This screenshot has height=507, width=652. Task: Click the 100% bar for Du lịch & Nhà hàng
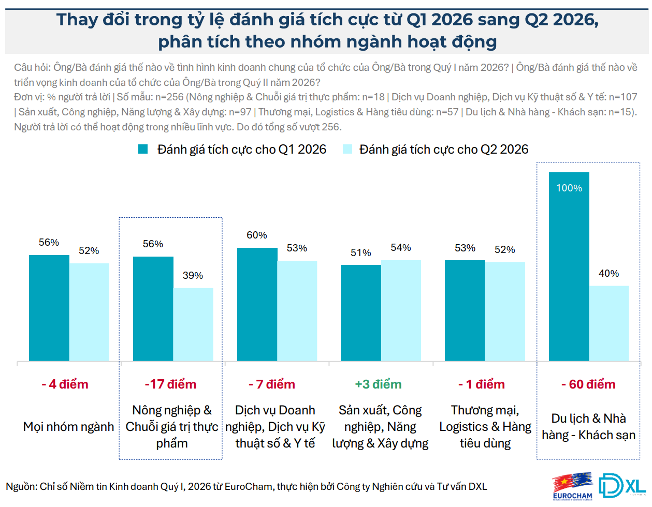[x=569, y=266]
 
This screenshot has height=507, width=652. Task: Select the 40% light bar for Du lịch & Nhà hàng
[x=608, y=323]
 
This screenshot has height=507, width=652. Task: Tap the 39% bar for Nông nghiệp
[x=193, y=324]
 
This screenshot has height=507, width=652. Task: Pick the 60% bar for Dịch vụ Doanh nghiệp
[x=257, y=304]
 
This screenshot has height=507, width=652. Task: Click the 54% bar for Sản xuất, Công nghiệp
[x=401, y=310]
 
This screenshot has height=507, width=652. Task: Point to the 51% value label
[x=360, y=253]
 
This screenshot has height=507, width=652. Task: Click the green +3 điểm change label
[x=378, y=384]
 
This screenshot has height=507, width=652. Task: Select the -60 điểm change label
[x=588, y=384]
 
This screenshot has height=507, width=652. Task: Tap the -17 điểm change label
[x=170, y=384]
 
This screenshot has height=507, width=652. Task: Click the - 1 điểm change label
[x=481, y=384]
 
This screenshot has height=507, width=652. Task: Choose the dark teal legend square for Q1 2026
[x=143, y=150]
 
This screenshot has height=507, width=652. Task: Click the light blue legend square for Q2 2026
[x=347, y=150]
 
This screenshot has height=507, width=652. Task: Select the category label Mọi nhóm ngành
[x=68, y=427]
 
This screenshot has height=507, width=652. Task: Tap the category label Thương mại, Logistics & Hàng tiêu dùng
[x=485, y=427]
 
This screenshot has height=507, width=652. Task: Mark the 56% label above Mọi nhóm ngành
[x=49, y=243]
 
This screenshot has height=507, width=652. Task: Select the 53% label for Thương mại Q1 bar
[x=465, y=248]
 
